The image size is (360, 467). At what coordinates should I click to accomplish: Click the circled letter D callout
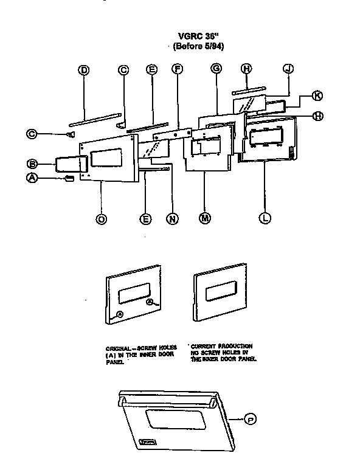[84, 70]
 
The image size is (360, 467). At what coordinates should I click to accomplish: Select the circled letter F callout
[178, 69]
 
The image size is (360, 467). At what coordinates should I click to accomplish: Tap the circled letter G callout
[215, 69]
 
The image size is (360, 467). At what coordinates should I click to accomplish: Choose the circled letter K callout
[316, 95]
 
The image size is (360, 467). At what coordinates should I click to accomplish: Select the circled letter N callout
[173, 219]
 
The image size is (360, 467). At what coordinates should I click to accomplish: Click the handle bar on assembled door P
[168, 398]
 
